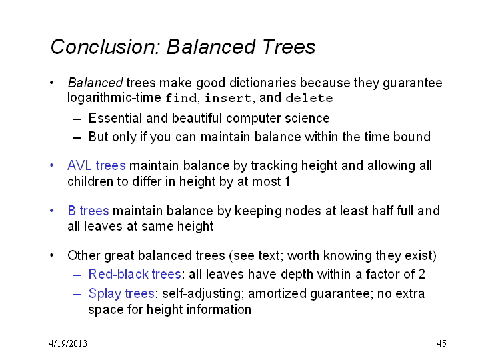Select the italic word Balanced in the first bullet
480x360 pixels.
pos(95,83)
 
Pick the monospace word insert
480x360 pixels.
pos(228,98)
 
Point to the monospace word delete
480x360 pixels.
pos(309,98)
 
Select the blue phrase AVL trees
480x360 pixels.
pos(97,165)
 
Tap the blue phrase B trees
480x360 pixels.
pos(88,211)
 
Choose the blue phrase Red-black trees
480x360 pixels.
pos(135,274)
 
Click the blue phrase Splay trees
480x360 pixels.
pos(121,293)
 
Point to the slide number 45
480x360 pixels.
pos(441,343)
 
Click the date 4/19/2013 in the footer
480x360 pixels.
pos(68,343)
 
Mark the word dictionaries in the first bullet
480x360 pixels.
pos(263,83)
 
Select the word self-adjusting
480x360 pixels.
pos(203,294)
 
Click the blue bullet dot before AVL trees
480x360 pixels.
pos(52,165)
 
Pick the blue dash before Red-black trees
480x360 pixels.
pos(77,275)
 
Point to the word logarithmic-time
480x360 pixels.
pos(114,98)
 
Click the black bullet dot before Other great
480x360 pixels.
pos(52,255)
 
